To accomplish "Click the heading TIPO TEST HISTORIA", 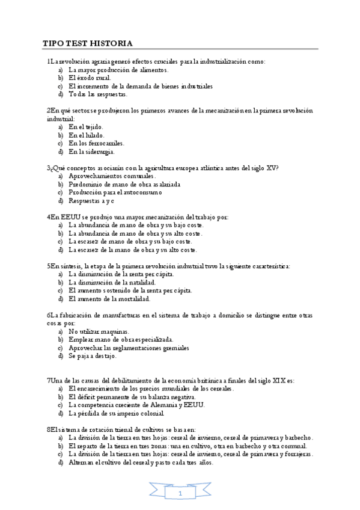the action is [87, 43].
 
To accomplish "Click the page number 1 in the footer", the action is [180, 493].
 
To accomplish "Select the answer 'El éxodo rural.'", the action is [90, 78].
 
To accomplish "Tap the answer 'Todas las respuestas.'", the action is [97, 94].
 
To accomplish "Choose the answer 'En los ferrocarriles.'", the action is [96, 144].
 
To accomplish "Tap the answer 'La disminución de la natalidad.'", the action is [112, 282].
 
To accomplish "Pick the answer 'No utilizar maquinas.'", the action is [98, 331].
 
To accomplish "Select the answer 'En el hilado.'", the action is [87, 135].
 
